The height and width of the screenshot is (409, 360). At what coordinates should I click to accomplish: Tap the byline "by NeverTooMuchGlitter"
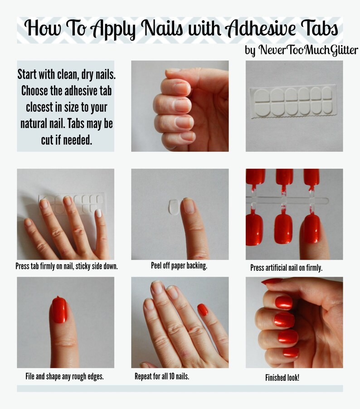302,50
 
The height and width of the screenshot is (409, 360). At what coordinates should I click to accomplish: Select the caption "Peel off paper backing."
179,266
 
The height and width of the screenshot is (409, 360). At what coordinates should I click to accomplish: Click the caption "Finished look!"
282,377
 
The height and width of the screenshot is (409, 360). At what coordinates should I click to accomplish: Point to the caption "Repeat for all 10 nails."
162,376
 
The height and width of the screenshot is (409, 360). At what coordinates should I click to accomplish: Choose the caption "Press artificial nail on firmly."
286,268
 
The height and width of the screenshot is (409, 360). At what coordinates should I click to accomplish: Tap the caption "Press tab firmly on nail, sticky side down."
67,266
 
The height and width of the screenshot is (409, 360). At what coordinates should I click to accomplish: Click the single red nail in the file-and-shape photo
59,310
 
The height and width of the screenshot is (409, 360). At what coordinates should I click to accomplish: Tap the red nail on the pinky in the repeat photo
203,310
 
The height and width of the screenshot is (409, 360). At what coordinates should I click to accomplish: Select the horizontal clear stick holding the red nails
286,200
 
